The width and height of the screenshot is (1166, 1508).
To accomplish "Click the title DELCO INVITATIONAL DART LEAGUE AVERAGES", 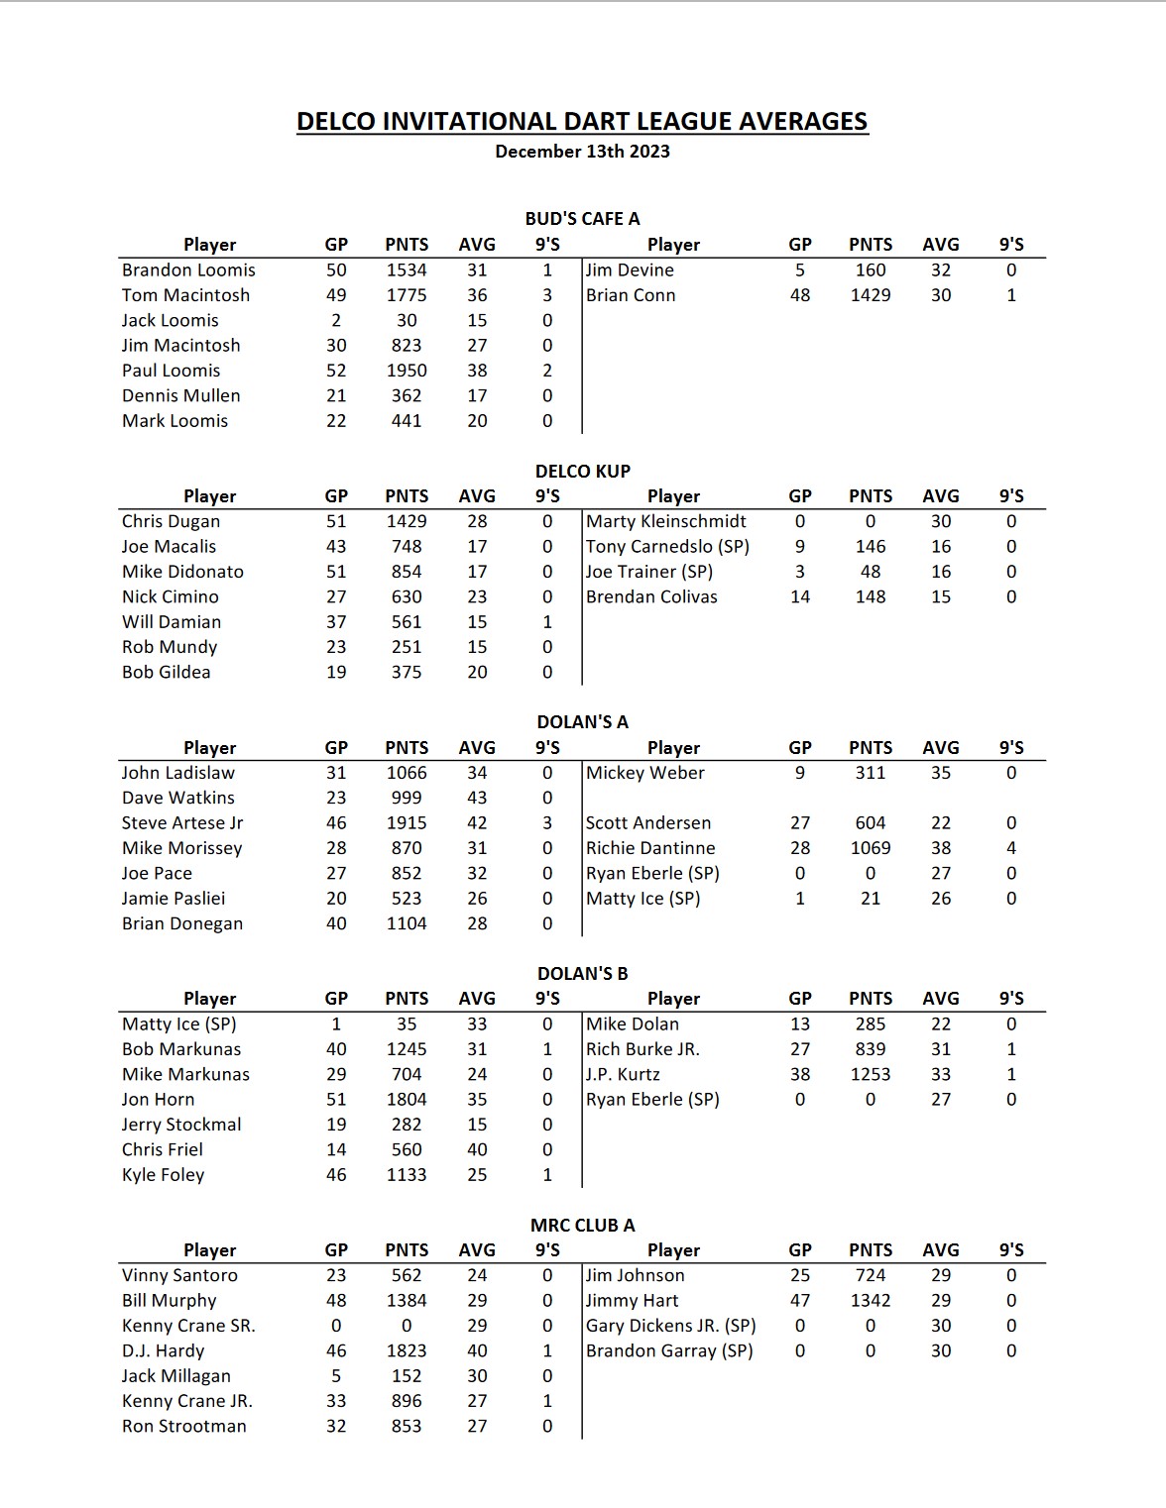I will pyautogui.click(x=582, y=122).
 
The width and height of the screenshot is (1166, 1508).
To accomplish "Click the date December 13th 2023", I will pyautogui.click(x=582, y=152).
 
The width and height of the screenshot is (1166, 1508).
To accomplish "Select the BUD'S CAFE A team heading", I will pyautogui.click(x=582, y=219).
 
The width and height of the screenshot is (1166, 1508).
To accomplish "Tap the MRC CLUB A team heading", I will pyautogui.click(x=582, y=1226).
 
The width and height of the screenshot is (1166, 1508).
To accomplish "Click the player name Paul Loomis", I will pyautogui.click(x=172, y=371).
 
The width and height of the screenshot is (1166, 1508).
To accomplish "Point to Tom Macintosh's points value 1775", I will pyautogui.click(x=407, y=295).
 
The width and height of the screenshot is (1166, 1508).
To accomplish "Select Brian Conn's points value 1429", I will pyautogui.click(x=870, y=295).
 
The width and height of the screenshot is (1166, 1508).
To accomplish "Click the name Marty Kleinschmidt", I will pyautogui.click(x=666, y=521).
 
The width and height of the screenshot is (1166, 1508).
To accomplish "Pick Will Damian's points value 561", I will pyautogui.click(x=407, y=622).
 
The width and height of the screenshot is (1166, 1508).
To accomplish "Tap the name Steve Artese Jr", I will pyautogui.click(x=182, y=823).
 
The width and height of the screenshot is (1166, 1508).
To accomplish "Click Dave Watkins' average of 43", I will pyautogui.click(x=477, y=798).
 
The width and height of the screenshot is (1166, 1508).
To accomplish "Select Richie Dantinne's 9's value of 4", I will pyautogui.click(x=1010, y=848).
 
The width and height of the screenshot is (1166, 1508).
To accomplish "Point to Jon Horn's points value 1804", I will pyautogui.click(x=407, y=1100).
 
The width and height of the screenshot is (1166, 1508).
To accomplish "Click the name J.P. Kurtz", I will pyautogui.click(x=623, y=1074).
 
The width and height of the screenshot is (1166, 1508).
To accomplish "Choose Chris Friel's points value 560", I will pyautogui.click(x=407, y=1149).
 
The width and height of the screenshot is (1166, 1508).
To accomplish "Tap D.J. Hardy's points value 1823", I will pyautogui.click(x=407, y=1351).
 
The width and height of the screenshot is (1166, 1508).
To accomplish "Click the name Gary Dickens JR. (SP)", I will pyautogui.click(x=671, y=1326).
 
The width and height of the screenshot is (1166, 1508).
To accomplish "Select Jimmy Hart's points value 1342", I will pyautogui.click(x=870, y=1301).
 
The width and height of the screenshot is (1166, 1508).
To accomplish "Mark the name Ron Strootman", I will pyautogui.click(x=184, y=1427).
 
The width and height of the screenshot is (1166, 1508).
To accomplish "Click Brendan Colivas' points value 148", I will pyautogui.click(x=870, y=596).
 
